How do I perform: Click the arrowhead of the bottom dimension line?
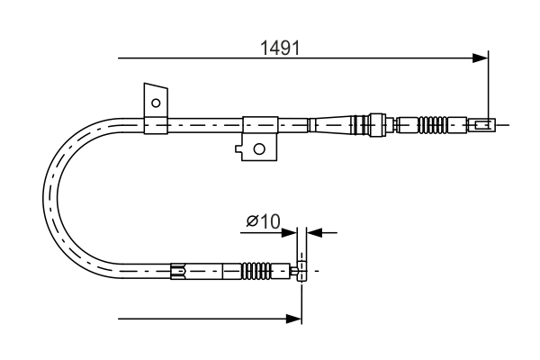pyautogui.click(x=293, y=318)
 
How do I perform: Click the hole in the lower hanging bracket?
pyautogui.click(x=259, y=148)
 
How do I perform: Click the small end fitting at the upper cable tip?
pyautogui.click(x=483, y=124)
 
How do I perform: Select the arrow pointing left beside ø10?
pyautogui.click(x=315, y=233)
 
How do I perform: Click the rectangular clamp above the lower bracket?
pyautogui.click(x=258, y=124)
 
